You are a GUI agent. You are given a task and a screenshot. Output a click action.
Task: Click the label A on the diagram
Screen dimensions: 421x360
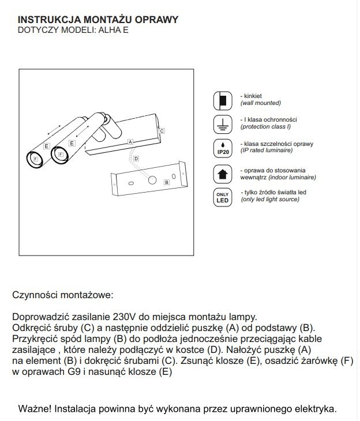130,141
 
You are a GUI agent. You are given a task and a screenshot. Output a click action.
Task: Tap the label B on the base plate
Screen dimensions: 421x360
166,182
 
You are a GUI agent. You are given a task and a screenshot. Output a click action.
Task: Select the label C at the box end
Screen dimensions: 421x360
162,131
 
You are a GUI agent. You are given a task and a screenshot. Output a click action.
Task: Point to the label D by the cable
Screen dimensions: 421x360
136,158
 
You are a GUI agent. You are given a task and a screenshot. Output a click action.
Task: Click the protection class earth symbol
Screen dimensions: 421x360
222,122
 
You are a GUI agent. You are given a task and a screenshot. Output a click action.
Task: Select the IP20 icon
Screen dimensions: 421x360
222,147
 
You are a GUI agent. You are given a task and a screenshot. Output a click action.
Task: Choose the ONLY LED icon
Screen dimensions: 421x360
222,197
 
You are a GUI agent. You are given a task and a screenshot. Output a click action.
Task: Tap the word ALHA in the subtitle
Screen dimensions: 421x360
106,31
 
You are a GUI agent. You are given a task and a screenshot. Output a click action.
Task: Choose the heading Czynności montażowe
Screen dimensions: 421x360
63,295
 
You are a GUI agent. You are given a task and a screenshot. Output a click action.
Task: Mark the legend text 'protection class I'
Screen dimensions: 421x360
265,126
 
